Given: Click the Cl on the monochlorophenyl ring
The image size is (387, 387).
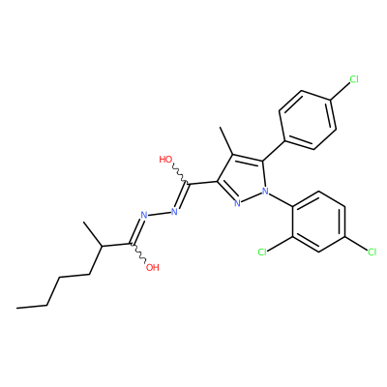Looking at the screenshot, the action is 354,79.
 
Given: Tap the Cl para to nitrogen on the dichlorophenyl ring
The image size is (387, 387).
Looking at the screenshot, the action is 372,252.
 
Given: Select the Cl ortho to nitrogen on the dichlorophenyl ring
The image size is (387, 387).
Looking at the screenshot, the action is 262,252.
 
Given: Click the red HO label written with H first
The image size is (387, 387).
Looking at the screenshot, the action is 165,160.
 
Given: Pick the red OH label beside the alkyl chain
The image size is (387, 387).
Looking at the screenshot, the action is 153,267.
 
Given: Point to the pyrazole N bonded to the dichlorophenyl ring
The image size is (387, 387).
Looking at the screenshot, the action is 265,192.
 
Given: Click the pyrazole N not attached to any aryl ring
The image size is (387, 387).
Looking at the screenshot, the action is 237,203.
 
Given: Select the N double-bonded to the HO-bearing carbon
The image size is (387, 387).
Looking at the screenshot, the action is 174,212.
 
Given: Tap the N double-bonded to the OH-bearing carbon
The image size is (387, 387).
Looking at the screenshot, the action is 144,215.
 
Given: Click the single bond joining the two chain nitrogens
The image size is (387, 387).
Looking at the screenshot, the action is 159,214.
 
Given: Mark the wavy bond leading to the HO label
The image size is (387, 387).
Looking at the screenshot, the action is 179,175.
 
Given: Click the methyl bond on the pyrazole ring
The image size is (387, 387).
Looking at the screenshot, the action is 226,141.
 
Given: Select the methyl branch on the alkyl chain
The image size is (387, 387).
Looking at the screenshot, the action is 93,234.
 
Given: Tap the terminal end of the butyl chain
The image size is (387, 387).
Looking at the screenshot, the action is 16,308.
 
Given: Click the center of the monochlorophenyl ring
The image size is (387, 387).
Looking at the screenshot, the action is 308,120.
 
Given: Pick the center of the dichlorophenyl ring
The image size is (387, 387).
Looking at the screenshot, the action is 319,222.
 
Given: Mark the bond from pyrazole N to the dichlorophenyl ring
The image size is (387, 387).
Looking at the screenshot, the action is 282,198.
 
